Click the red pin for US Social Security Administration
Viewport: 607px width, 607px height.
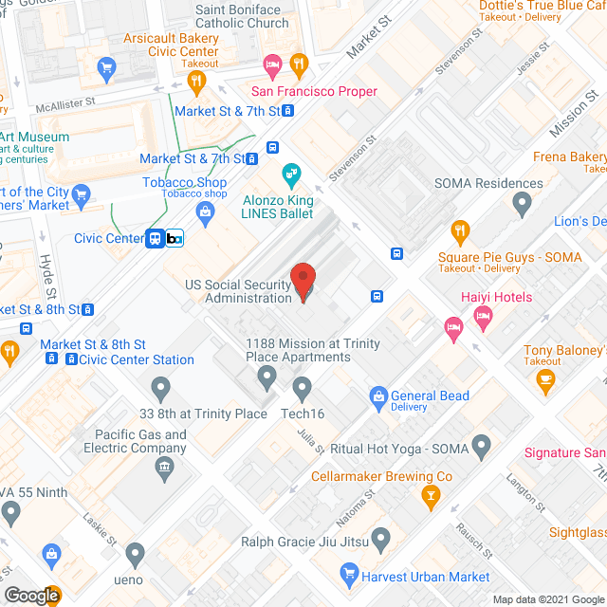[303, 282]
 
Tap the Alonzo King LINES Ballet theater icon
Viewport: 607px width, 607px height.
[291, 175]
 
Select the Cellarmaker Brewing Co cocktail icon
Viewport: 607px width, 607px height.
[431, 495]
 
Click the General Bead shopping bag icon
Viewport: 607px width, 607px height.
[378, 396]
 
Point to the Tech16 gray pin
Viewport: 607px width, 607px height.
[303, 387]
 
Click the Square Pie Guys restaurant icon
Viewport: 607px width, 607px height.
[460, 230]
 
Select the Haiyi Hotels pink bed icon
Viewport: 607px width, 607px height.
[484, 318]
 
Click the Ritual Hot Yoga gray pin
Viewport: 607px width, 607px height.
[481, 444]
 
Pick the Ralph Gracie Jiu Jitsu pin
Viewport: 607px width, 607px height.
[380, 541]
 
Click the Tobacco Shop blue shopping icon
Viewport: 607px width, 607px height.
[204, 211]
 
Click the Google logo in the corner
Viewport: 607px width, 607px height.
[30, 596]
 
